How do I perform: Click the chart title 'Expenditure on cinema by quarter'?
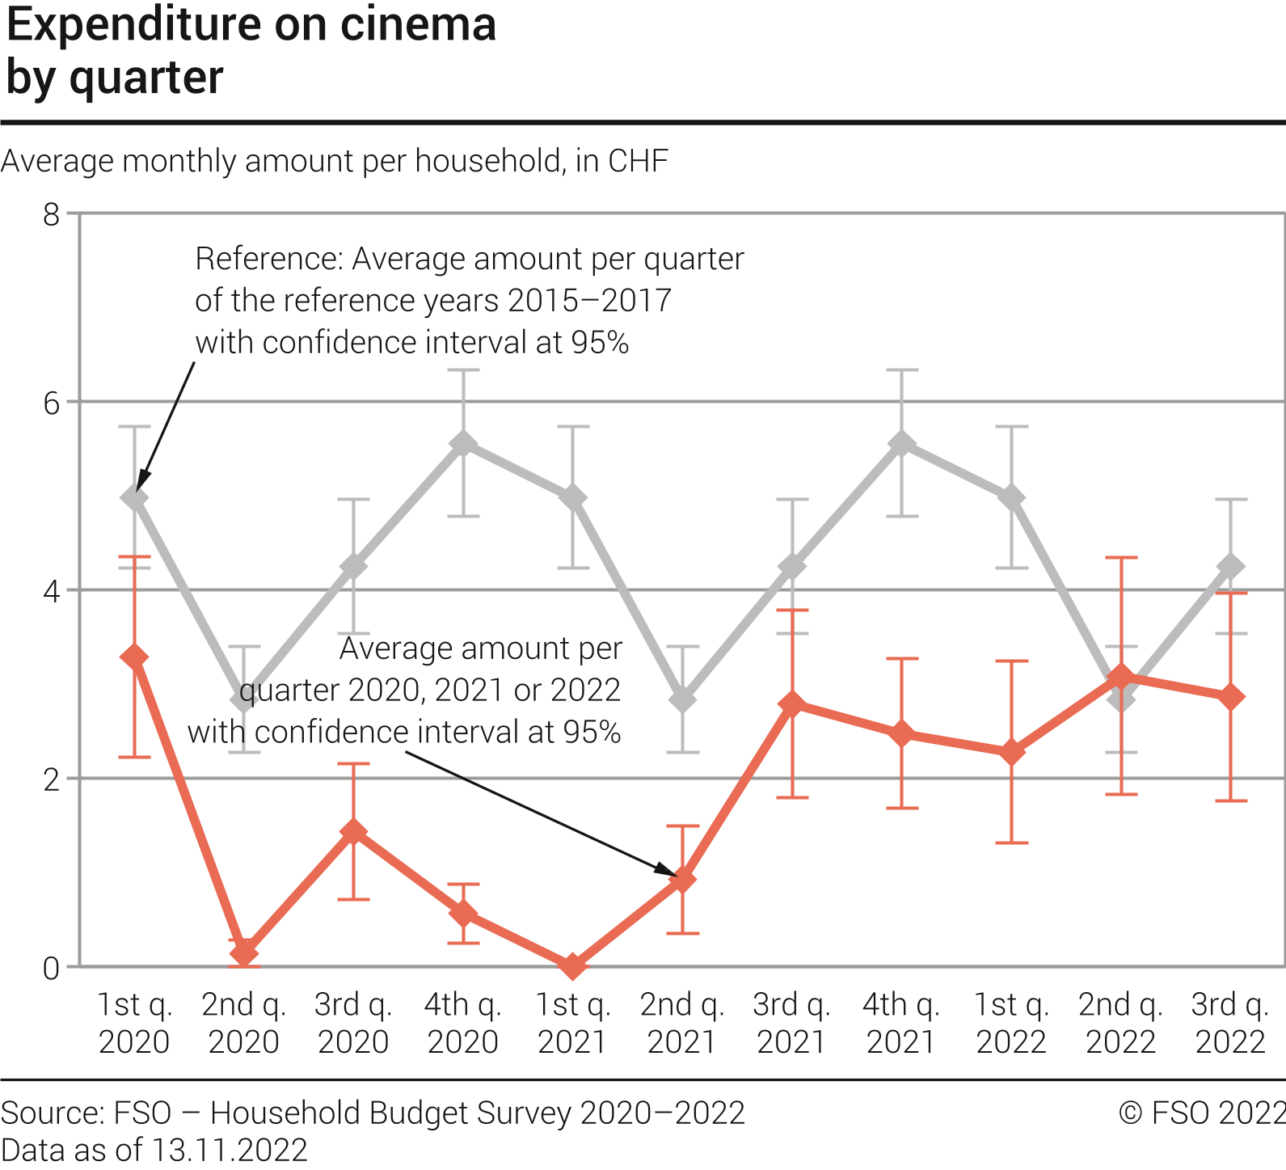coord(251,50)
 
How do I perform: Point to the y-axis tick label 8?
coord(52,214)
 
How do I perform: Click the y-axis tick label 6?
coord(52,403)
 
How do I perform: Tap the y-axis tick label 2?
coord(52,779)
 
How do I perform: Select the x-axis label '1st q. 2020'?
coord(134,1023)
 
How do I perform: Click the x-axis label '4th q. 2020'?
coord(463,1023)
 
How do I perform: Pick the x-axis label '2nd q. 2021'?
coord(682,1023)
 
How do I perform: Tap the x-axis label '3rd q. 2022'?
coord(1230,1023)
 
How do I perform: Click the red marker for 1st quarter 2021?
coord(573,965)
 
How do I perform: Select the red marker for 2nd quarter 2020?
coord(244,952)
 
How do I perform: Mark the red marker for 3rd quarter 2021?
coord(792,703)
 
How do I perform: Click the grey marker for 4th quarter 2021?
coord(902,444)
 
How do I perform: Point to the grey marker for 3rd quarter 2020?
coord(354,566)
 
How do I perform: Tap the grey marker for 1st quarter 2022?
coord(1011,497)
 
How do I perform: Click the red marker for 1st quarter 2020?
coord(134,657)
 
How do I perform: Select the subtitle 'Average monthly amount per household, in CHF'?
coord(335,161)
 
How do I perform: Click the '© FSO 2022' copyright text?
coord(1201,1113)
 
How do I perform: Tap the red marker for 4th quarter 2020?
coord(463,914)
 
